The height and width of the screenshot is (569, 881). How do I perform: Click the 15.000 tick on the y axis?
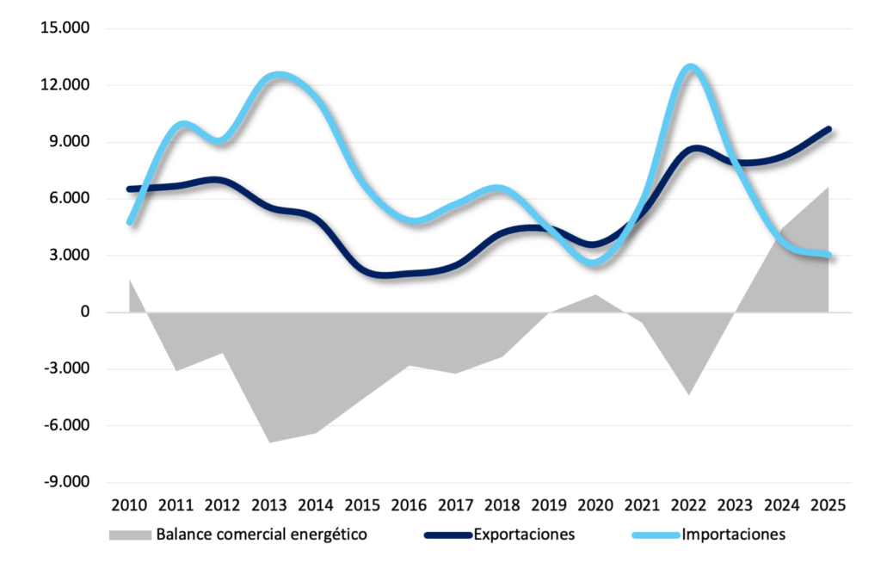(x=65, y=28)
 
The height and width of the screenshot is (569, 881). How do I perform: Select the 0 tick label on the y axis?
(x=84, y=312)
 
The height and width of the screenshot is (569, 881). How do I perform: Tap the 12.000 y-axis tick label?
(x=65, y=85)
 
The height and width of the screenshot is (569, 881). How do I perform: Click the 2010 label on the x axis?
(x=130, y=504)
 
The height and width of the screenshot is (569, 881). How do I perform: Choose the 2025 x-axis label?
(x=829, y=504)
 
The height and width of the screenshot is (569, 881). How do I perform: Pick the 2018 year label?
(x=502, y=504)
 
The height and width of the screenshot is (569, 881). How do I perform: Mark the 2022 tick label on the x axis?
(x=689, y=504)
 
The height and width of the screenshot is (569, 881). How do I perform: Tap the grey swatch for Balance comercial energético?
(x=129, y=535)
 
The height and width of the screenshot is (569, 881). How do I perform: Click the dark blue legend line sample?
(x=447, y=535)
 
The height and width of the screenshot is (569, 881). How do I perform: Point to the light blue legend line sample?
(x=656, y=535)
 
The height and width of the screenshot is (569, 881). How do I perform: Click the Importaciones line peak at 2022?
(x=690, y=67)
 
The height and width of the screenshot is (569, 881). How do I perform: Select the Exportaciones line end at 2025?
(x=829, y=129)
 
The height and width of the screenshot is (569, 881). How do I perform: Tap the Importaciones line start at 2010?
(x=130, y=222)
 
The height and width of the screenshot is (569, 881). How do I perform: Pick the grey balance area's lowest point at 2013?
(x=269, y=442)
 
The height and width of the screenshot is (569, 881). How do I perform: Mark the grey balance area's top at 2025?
(x=828, y=188)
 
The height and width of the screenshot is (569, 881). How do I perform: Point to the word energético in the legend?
(x=331, y=535)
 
